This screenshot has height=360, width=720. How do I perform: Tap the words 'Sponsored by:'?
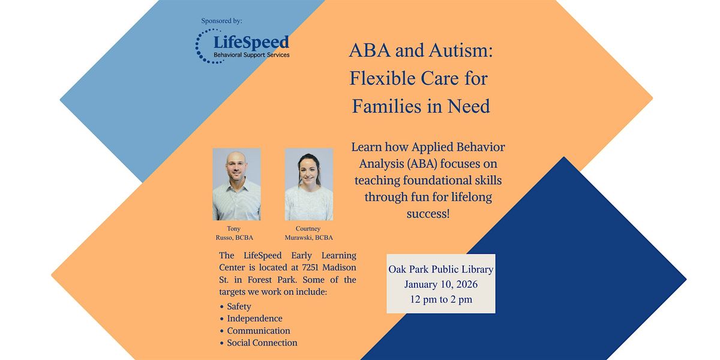pyautogui.click(x=222, y=21)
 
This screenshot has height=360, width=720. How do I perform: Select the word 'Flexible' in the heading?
pyautogui.click(x=382, y=79)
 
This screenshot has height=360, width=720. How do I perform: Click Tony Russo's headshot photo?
pyautogui.click(x=236, y=184)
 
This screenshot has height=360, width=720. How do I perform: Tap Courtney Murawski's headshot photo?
pyautogui.click(x=308, y=184)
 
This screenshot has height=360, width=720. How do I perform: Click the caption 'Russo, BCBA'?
pyautogui.click(x=236, y=237)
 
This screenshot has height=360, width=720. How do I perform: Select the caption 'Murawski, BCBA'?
pyautogui.click(x=308, y=237)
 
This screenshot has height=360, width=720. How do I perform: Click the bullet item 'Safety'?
pyautogui.click(x=239, y=307)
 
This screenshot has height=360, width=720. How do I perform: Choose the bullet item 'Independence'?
pyautogui.click(x=254, y=319)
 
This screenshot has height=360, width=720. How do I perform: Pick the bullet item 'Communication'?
pyautogui.click(x=258, y=331)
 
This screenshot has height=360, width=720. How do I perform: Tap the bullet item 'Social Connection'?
pyautogui.click(x=262, y=343)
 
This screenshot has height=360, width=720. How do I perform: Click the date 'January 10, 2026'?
pyautogui.click(x=440, y=284)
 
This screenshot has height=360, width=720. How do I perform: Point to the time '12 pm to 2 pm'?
pyautogui.click(x=440, y=299)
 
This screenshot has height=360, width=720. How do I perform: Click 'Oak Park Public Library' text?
pyautogui.click(x=440, y=269)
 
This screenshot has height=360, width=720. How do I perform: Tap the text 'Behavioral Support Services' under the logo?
pyautogui.click(x=251, y=55)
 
